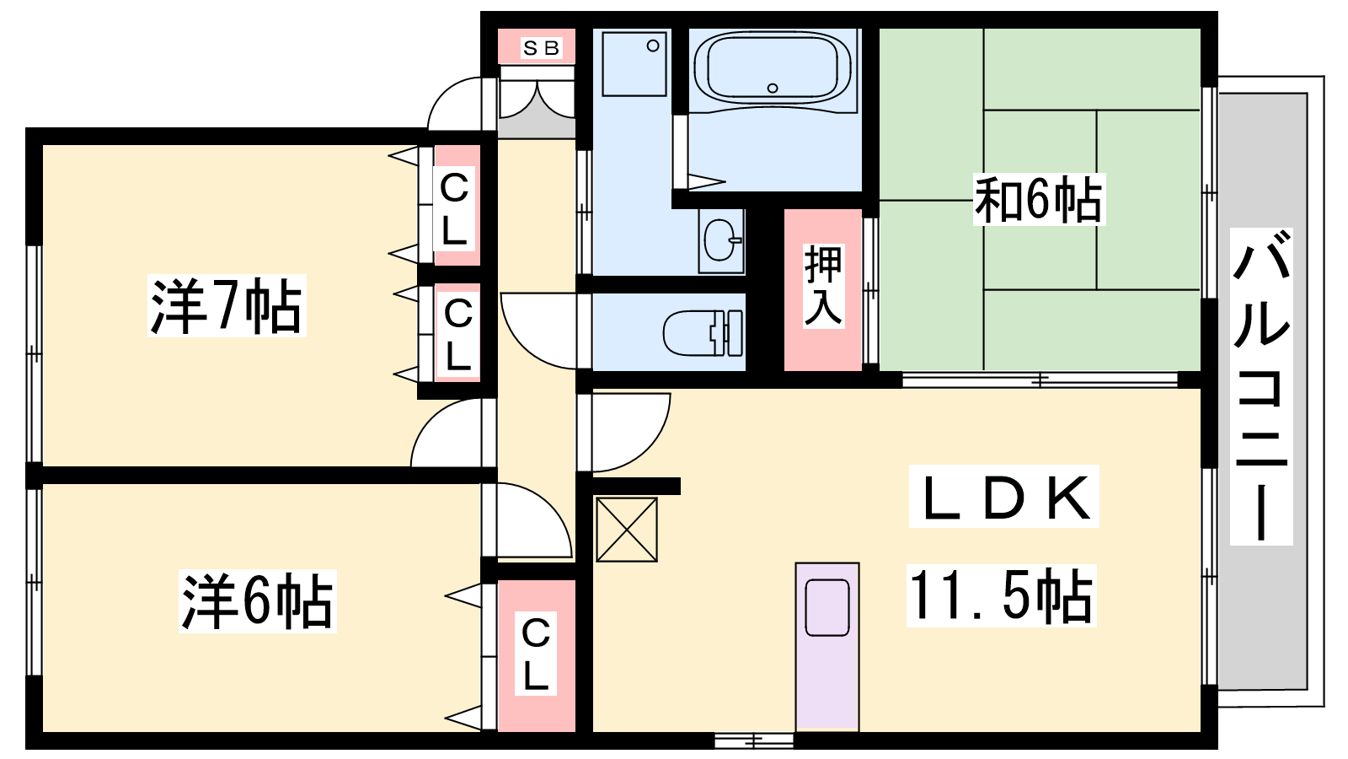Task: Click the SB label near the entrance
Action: click(x=542, y=47)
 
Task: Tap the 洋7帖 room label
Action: click(x=227, y=305)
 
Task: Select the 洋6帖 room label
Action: click(x=257, y=601)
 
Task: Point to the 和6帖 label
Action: click(x=1039, y=199)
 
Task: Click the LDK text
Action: click(x=1003, y=497)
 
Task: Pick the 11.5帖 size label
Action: click(x=1002, y=595)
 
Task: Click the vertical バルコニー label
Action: click(x=1261, y=385)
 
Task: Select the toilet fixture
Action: click(x=703, y=333)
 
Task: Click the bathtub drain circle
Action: click(x=773, y=88)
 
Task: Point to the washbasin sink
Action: click(x=721, y=240)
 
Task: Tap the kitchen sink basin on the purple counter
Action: click(x=827, y=608)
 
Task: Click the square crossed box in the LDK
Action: click(x=627, y=530)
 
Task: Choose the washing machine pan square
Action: click(x=634, y=63)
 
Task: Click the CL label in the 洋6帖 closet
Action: click(x=536, y=653)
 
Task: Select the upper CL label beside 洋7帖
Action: click(x=454, y=207)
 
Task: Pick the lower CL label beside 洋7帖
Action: click(x=458, y=334)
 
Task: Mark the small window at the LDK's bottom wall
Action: click(x=755, y=740)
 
